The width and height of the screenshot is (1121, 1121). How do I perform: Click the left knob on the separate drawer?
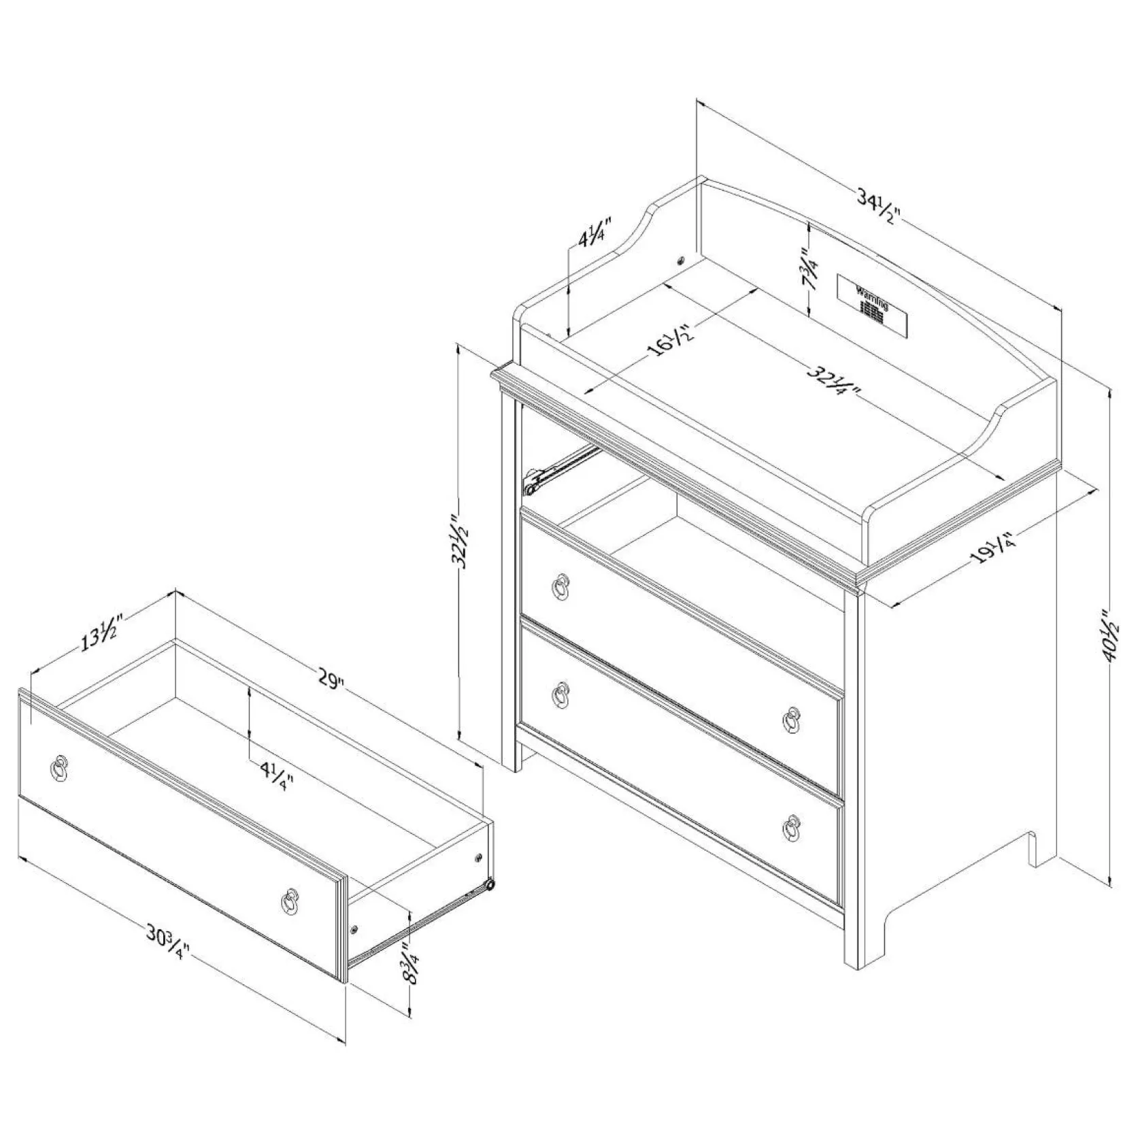tap(59, 768)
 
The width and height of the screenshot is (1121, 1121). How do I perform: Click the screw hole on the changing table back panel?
tap(680, 261)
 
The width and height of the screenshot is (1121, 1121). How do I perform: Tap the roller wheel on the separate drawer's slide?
tap(487, 886)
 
